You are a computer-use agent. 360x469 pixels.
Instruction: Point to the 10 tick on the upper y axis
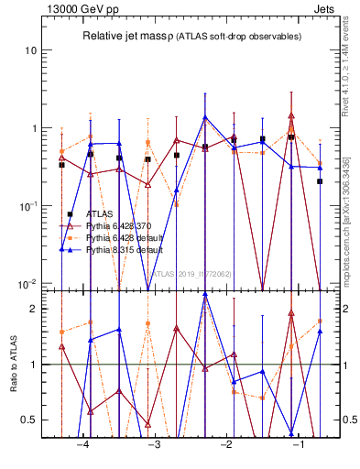[x=31, y=50]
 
